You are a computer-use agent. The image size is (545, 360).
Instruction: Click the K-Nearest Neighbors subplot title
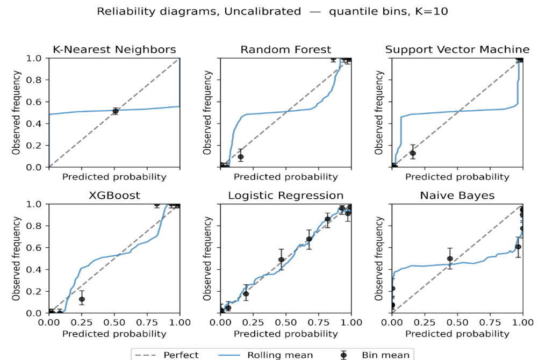114,49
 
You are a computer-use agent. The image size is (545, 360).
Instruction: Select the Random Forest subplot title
285,49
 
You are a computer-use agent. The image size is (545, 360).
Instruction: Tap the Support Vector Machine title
457,49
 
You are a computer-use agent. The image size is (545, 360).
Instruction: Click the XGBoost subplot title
114,196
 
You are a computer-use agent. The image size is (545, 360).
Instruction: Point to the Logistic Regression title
285,196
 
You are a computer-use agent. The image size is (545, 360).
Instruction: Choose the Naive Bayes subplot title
457,196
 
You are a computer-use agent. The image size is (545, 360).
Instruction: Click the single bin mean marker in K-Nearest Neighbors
115,111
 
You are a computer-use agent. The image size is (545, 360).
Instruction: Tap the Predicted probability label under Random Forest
285,177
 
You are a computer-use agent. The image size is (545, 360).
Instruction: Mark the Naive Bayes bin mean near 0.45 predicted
450,258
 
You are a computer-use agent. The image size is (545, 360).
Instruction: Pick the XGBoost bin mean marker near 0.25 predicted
82,299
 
